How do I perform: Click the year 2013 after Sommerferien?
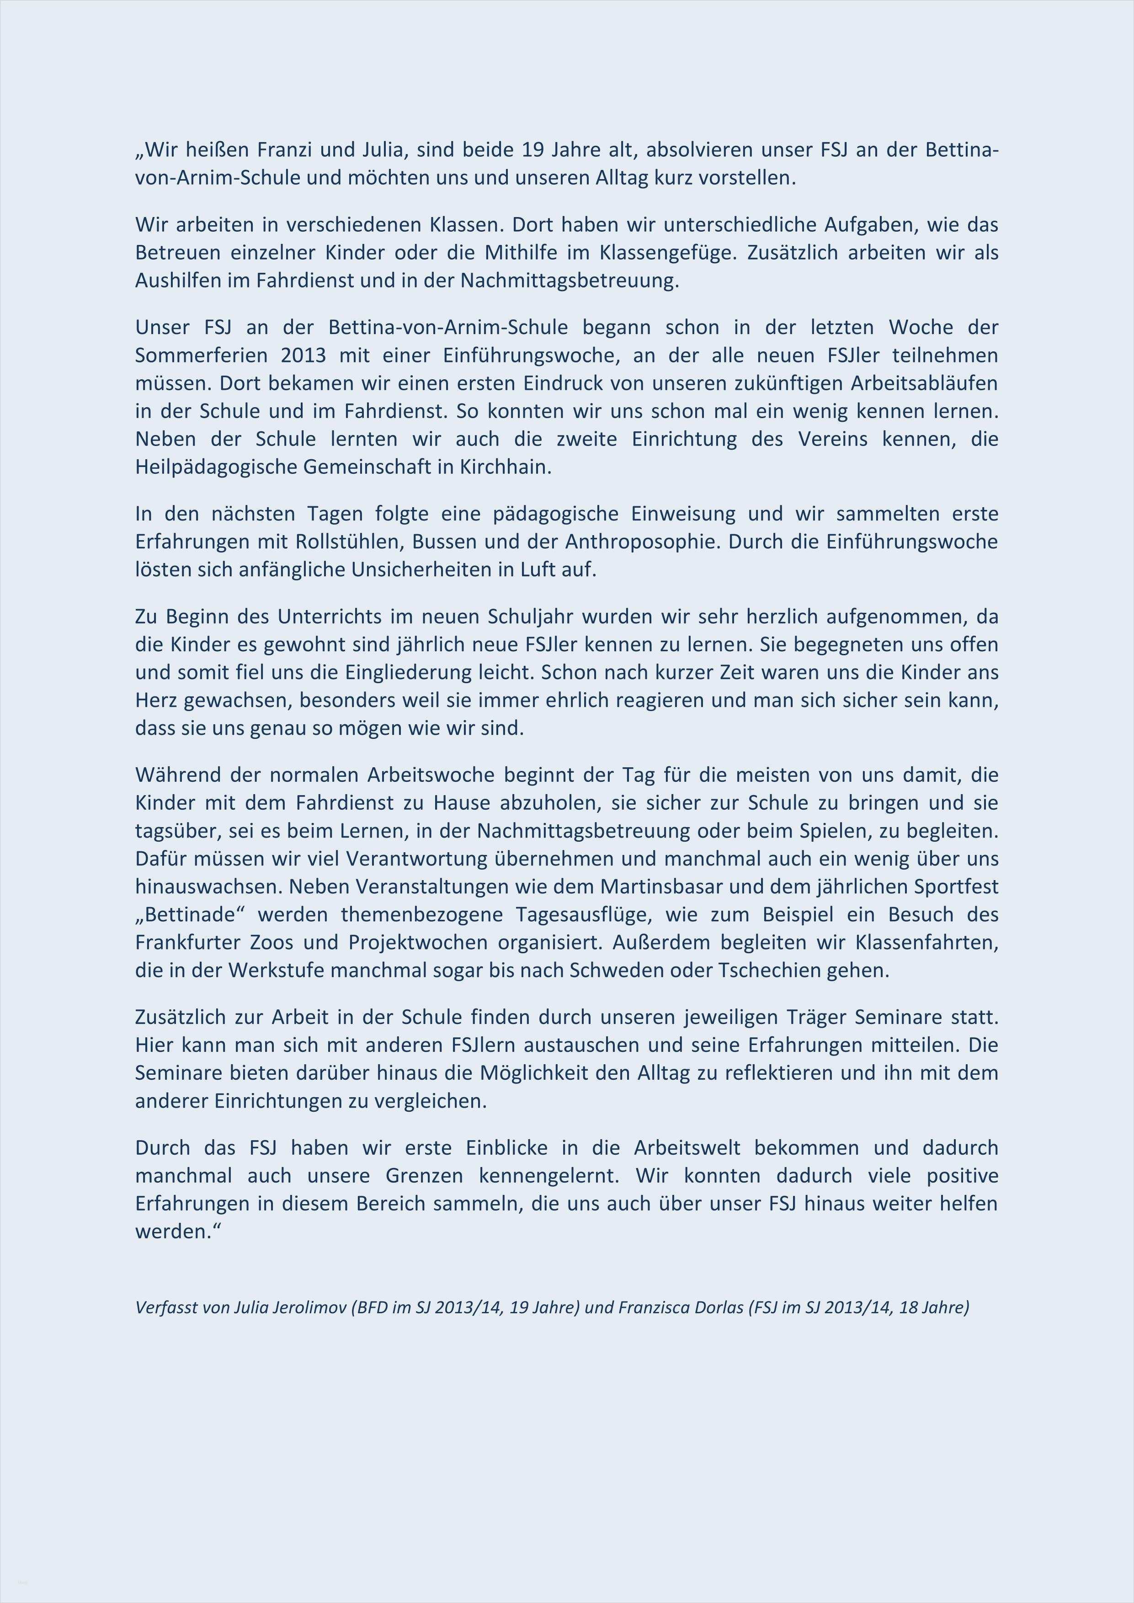pyautogui.click(x=304, y=356)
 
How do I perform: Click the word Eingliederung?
pyautogui.click(x=412, y=672)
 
